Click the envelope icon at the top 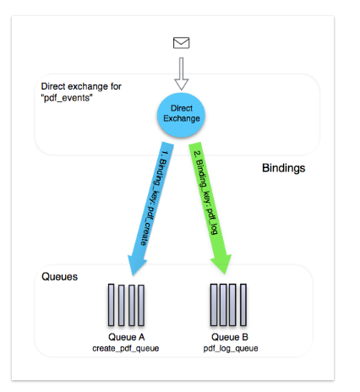point(181,43)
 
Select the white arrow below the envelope point(182,73)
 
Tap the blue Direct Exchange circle point(181,115)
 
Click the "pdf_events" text point(67,98)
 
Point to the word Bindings point(284,168)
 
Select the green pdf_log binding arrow point(210,208)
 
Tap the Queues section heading point(59,276)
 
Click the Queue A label point(126,337)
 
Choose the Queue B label point(230,337)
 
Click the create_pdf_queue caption point(126,349)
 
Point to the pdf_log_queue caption point(231,349)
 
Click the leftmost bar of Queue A point(112,305)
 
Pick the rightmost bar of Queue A point(141,305)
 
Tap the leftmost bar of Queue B point(214,305)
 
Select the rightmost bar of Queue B point(243,305)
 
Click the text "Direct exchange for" point(81,86)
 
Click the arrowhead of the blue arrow point(135,264)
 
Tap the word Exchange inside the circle point(182,118)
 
